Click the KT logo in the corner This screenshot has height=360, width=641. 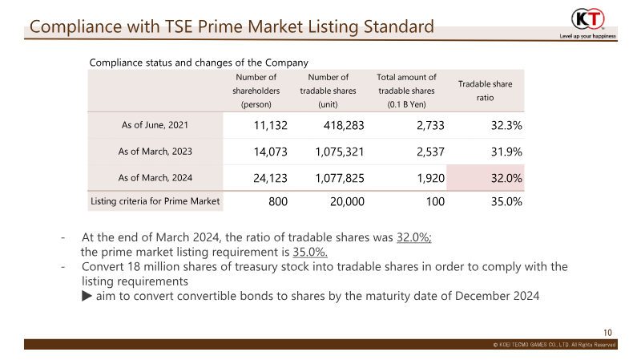pyautogui.click(x=588, y=19)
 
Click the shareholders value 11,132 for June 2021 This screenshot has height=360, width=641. pyautogui.click(x=270, y=125)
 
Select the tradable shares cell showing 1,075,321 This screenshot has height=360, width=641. pyautogui.click(x=339, y=152)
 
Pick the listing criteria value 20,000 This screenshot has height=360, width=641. pyautogui.click(x=347, y=201)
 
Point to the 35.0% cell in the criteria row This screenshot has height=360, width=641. pyautogui.click(x=506, y=201)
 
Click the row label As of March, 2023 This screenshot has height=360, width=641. pyautogui.click(x=155, y=152)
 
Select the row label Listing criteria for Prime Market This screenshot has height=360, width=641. pyautogui.click(x=155, y=201)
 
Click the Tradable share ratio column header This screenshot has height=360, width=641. pyautogui.click(x=485, y=91)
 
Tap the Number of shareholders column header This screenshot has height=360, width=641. pyautogui.click(x=256, y=91)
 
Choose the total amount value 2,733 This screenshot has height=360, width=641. pyautogui.click(x=430, y=125)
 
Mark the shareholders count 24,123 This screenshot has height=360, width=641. pyautogui.click(x=270, y=178)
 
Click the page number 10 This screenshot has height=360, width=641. pyautogui.click(x=607, y=333)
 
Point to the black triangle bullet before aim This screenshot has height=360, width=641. pyautogui.click(x=87, y=296)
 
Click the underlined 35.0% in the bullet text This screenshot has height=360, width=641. pyautogui.click(x=310, y=252)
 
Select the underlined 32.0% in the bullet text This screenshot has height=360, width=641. pyautogui.click(x=413, y=237)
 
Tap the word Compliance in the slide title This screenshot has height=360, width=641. pyautogui.click(x=75, y=27)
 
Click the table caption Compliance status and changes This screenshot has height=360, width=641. pyautogui.click(x=199, y=63)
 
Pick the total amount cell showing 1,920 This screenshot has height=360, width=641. pyautogui.click(x=430, y=178)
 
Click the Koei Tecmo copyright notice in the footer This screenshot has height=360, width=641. pyautogui.click(x=554, y=345)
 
